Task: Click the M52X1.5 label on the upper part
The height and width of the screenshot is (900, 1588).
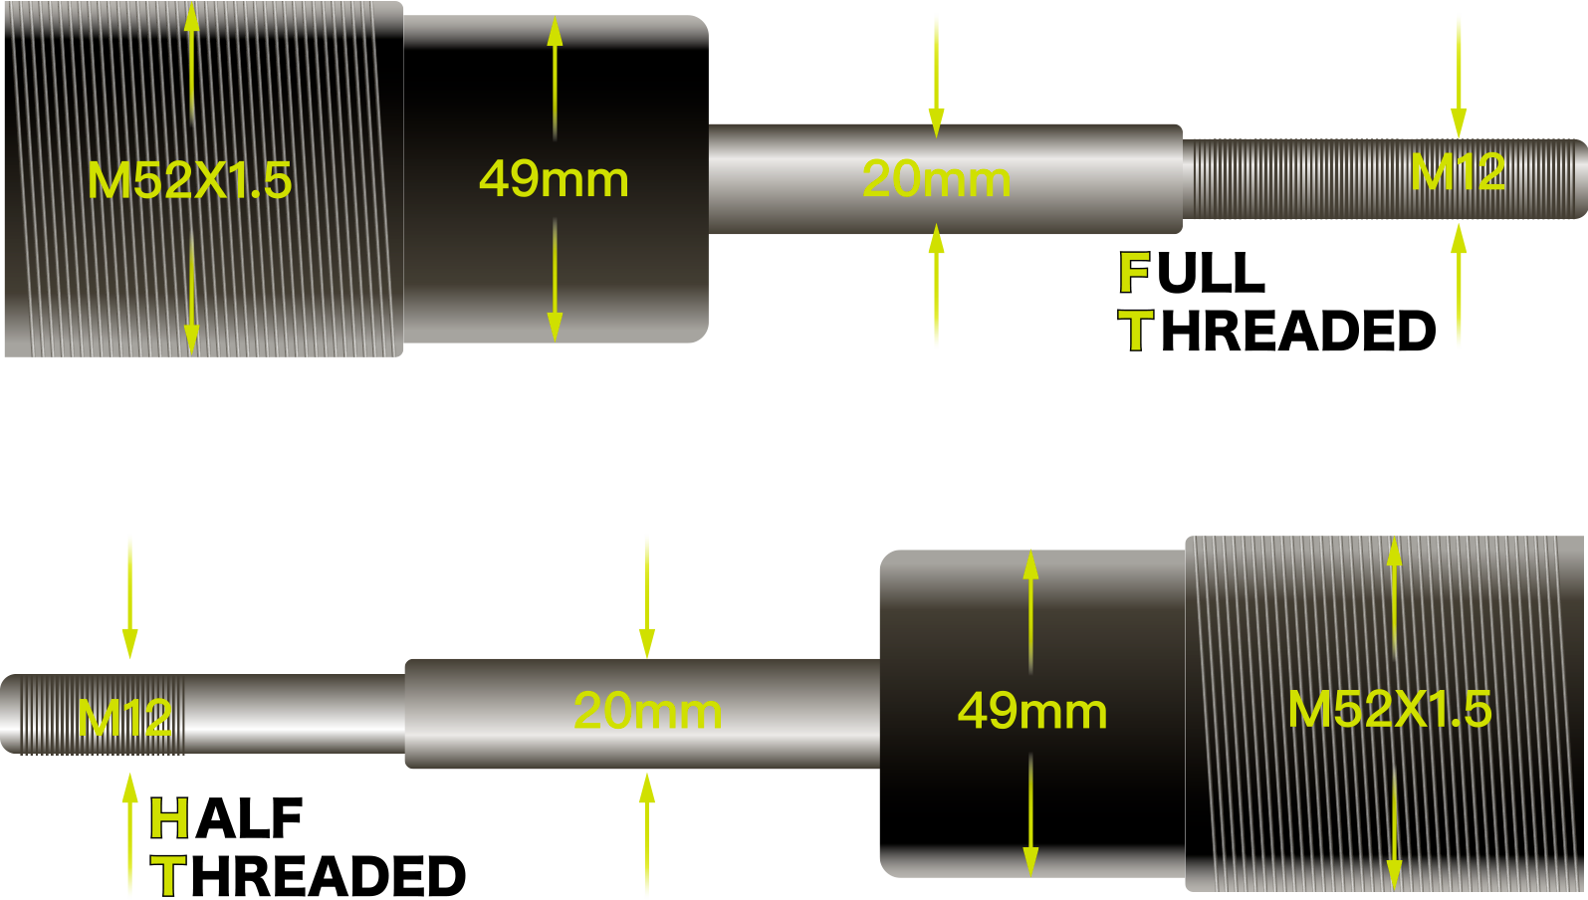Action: click(x=189, y=180)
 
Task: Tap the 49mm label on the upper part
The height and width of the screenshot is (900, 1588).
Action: click(x=554, y=179)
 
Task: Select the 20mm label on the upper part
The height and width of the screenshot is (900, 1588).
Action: click(x=936, y=179)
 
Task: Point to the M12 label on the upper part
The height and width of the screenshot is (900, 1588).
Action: click(x=1458, y=172)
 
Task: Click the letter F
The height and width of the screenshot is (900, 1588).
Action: click(x=1134, y=273)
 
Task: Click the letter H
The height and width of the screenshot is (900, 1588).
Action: click(x=169, y=819)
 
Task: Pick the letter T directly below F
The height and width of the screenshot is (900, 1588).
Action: click(x=1135, y=331)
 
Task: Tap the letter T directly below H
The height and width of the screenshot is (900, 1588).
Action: click(x=169, y=876)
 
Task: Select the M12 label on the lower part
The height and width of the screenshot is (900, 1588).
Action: click(x=124, y=717)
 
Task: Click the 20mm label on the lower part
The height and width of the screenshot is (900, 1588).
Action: click(x=647, y=711)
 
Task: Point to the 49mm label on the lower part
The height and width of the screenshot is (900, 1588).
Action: click(x=1031, y=711)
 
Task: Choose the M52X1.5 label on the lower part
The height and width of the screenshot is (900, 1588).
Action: click(x=1389, y=709)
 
